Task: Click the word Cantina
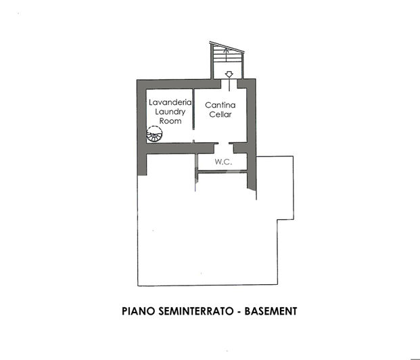[x=220, y=105]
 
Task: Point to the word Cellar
[x=220, y=114]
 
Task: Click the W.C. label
[x=225, y=162]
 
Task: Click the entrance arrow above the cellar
[x=229, y=74]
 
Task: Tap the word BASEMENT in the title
[x=271, y=312]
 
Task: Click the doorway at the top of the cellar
[x=229, y=82]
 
